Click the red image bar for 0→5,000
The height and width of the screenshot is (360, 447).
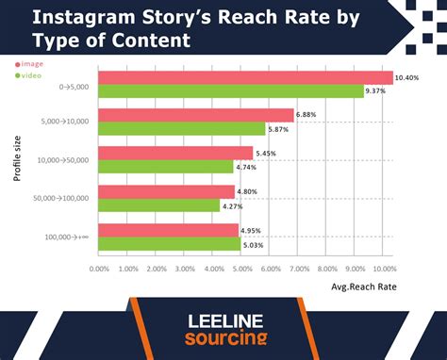click(245, 77)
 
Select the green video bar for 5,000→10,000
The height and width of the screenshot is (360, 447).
click(182, 128)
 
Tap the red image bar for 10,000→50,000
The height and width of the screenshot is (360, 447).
click(175, 153)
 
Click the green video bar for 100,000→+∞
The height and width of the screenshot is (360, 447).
click(170, 243)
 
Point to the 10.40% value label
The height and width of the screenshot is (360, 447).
click(408, 76)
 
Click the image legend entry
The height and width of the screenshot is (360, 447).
click(29, 63)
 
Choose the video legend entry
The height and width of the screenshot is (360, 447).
click(29, 74)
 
